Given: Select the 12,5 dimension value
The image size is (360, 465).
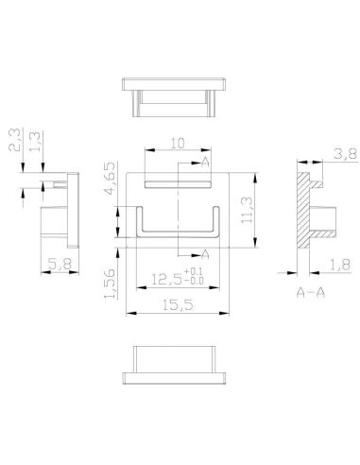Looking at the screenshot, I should (168, 279).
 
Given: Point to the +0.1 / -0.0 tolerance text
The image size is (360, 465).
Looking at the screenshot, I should (197, 278).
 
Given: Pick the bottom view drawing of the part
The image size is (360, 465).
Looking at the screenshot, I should (178, 364).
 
